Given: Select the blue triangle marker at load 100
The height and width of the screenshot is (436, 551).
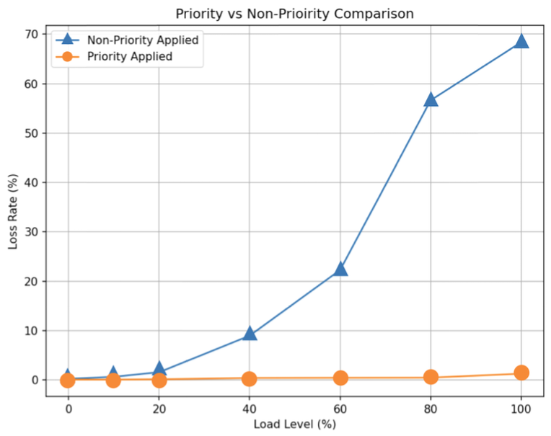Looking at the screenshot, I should point(521,41).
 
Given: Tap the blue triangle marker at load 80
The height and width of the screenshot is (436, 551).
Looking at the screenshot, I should point(431,99).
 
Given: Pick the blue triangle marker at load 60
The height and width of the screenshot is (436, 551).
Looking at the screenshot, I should point(340,269).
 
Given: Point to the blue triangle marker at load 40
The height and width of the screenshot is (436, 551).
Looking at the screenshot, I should point(250,333).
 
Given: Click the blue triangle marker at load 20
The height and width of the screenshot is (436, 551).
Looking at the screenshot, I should point(159,370).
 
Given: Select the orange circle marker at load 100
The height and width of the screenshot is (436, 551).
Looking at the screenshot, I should point(521,373).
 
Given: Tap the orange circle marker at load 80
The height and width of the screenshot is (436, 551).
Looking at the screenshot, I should point(431,377).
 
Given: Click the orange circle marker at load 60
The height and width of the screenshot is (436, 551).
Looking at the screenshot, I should point(340,378).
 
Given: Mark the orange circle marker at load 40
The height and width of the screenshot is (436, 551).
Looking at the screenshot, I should point(250,378).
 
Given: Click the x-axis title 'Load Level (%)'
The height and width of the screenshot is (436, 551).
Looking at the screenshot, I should point(294,424).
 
